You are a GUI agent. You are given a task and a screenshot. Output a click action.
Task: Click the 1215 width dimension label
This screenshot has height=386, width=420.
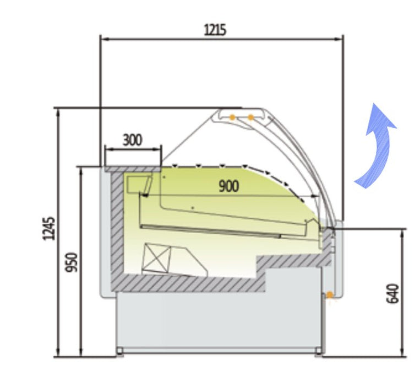[x=215, y=30]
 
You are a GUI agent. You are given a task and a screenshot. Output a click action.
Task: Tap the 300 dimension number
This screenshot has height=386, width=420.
[x=132, y=140]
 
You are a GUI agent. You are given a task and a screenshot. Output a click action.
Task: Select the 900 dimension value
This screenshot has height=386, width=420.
[x=229, y=186]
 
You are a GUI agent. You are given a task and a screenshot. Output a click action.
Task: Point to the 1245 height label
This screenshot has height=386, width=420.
[x=49, y=228]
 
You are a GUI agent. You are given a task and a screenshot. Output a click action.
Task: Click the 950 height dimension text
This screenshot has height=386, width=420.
[x=72, y=262]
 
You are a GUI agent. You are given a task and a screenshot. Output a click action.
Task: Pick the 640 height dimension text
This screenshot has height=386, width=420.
[x=392, y=293]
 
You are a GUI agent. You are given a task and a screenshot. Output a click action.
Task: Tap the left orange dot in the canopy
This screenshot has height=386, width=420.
[x=232, y=117]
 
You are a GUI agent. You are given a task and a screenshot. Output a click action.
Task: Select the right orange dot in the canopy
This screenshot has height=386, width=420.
[x=250, y=117]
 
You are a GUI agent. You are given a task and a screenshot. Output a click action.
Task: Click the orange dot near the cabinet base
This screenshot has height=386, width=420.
[x=330, y=295]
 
